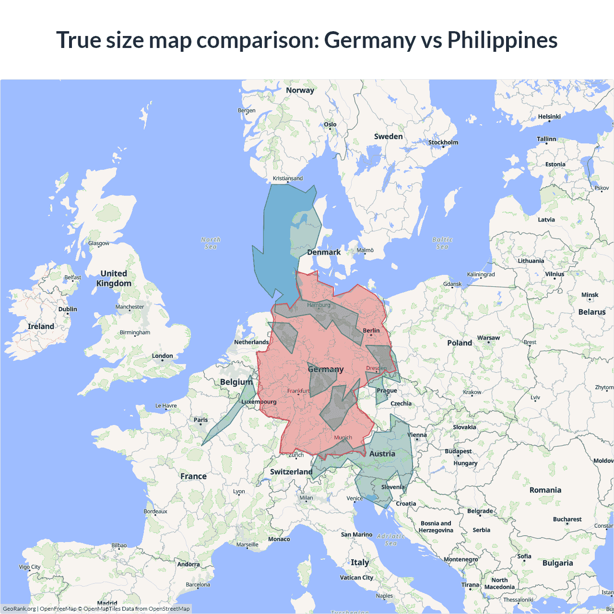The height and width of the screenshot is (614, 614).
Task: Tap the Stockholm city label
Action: click(x=443, y=142)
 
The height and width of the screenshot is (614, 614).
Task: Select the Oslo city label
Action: click(x=330, y=125)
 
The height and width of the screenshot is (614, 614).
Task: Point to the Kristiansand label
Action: click(x=288, y=178)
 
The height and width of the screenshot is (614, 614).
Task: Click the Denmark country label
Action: click(x=324, y=252)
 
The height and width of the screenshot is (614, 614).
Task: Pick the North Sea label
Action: click(x=211, y=243)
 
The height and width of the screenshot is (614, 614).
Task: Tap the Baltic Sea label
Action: click(x=442, y=243)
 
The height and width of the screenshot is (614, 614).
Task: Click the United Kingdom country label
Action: click(x=114, y=278)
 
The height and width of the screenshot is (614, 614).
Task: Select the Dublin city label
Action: click(x=68, y=309)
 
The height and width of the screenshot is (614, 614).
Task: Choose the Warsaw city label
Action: click(x=488, y=338)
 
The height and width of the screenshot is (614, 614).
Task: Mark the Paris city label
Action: click(x=201, y=420)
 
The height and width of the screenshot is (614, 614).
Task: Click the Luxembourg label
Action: click(x=259, y=402)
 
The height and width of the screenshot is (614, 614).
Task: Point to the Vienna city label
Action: click(x=417, y=435)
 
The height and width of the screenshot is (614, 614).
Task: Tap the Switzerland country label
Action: click(x=291, y=472)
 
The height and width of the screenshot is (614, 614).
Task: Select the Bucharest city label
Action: click(x=567, y=520)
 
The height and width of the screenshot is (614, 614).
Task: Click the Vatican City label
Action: click(x=356, y=578)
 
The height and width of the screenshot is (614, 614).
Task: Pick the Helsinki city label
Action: click(x=549, y=117)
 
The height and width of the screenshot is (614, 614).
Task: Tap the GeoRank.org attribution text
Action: click(x=19, y=609)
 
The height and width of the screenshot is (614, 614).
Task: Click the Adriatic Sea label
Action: click(x=391, y=540)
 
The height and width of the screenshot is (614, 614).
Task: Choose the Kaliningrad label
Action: click(x=481, y=274)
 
